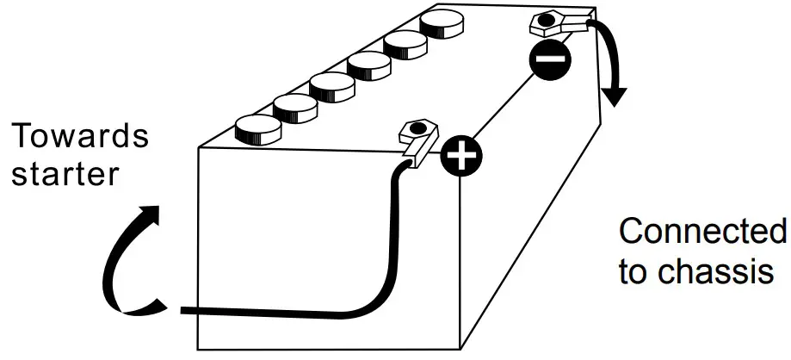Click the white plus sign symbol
461,156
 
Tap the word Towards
79,136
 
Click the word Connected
701,232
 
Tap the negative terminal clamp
556,24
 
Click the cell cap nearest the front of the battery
257,128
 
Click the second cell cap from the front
295,107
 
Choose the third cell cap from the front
332,85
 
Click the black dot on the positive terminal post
417,128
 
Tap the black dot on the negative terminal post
545,17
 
